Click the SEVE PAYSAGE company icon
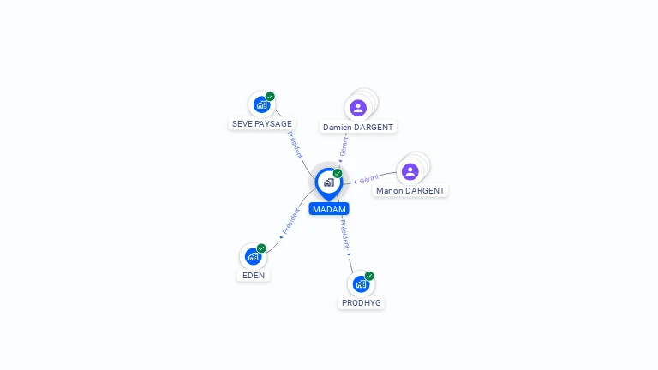(261, 104)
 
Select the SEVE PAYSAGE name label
(262, 124)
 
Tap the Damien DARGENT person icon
(358, 108)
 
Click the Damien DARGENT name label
(358, 128)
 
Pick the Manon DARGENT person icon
(410, 171)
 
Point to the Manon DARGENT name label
(410, 191)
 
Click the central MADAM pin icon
(328, 182)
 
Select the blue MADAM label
(329, 209)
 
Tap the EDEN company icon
(253, 256)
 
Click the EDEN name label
(254, 276)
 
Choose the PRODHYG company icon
(361, 283)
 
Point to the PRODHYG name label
(362, 303)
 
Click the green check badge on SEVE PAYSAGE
(270, 97)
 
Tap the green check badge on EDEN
(261, 248)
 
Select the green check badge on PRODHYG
(369, 276)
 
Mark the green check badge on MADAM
(338, 174)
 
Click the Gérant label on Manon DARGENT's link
(369, 179)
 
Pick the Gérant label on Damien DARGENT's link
(344, 146)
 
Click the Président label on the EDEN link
(291, 223)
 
